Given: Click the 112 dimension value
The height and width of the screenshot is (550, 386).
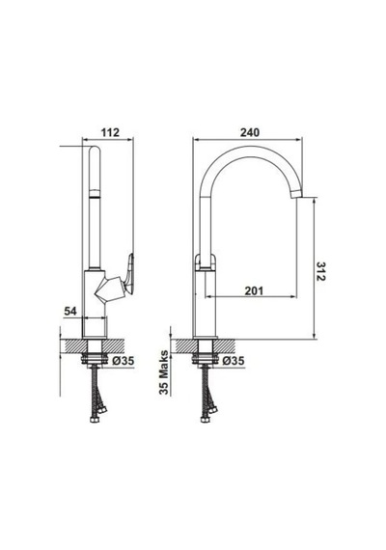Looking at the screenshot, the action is click(110, 132).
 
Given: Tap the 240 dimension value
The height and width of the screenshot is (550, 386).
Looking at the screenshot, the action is click(250, 132).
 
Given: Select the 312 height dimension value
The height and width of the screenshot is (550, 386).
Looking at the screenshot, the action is click(320, 271).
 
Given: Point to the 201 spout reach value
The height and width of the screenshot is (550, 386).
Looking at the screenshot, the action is click(254, 290).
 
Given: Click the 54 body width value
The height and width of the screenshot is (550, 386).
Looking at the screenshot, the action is click(70, 311).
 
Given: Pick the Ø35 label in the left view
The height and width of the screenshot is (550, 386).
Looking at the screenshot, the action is click(124, 361).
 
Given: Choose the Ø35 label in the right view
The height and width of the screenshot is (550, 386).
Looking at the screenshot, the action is click(234, 361).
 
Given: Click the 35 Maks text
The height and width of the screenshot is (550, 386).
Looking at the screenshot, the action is click(164, 372).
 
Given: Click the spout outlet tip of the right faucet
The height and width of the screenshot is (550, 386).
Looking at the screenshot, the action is click(297, 192).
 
